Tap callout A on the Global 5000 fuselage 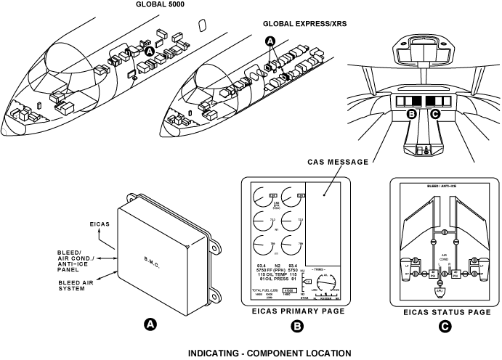click(x=149, y=52)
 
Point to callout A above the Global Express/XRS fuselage click(x=272, y=42)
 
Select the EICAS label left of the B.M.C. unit click(x=99, y=224)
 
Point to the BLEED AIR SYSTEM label click(x=78, y=283)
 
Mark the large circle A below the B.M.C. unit click(x=150, y=324)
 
